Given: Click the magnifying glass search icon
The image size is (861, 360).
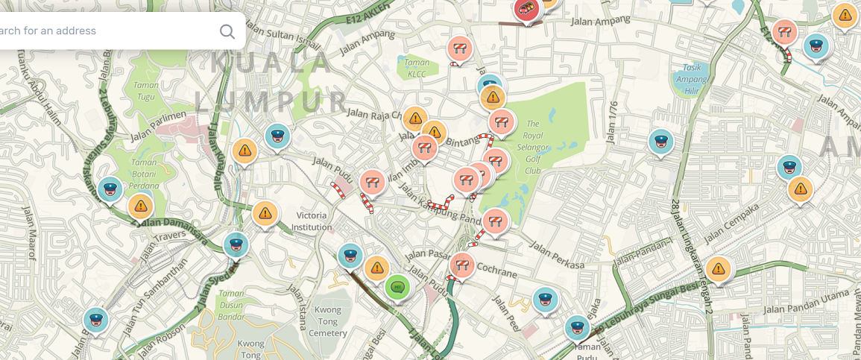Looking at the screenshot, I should (x=227, y=31).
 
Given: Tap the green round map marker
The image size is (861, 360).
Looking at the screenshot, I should (x=397, y=286).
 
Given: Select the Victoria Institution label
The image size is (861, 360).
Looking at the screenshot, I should (x=312, y=221).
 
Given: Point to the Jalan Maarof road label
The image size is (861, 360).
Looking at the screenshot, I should (x=28, y=232).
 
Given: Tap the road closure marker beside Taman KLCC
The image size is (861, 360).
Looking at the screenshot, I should (x=459, y=49).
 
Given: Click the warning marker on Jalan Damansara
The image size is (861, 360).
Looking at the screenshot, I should (x=141, y=206).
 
